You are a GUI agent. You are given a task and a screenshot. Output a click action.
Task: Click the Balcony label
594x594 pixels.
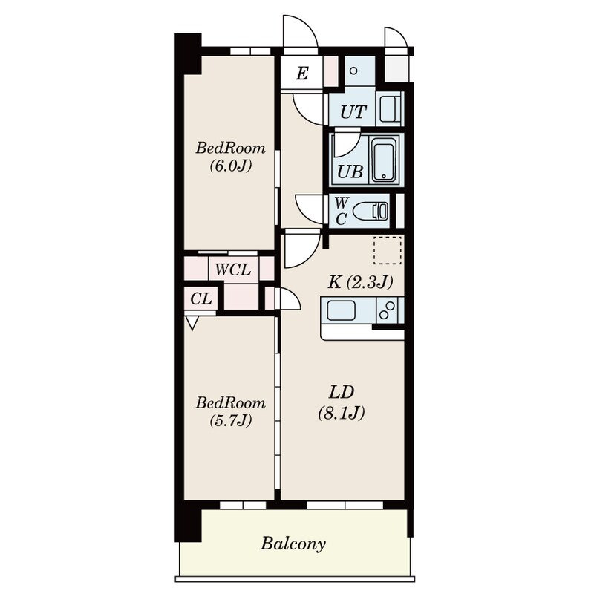pyautogui.click(x=293, y=544)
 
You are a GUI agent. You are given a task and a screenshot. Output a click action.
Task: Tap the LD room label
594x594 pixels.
pyautogui.click(x=342, y=392)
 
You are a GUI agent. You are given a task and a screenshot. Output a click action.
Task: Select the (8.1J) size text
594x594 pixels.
pyautogui.click(x=342, y=414)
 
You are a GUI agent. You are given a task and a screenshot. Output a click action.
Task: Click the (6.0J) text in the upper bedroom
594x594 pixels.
pyautogui.click(x=230, y=166)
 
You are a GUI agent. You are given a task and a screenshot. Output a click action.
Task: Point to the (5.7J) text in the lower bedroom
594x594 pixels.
pyautogui.click(x=230, y=421)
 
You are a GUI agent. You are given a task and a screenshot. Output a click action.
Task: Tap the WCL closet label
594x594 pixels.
pyautogui.click(x=233, y=269)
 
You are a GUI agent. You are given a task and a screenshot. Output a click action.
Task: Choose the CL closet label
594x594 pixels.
pyautogui.click(x=201, y=299)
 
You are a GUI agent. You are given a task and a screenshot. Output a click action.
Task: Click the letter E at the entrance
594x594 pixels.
pyautogui.click(x=301, y=73)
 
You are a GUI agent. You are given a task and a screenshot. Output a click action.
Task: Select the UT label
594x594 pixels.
pyautogui.click(x=353, y=113)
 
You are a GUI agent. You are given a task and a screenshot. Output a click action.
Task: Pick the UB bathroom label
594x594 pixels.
pyautogui.click(x=350, y=172)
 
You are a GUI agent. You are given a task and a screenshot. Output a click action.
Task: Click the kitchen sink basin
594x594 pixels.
pyautogui.click(x=342, y=310)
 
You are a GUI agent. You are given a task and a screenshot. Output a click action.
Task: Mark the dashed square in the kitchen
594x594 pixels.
pyautogui.click(x=387, y=250)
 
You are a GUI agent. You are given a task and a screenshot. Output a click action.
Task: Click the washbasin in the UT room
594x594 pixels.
pyautogui.click(x=389, y=110)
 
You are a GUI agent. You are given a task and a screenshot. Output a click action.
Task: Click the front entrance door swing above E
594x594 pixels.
pyautogui.click(x=300, y=33)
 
